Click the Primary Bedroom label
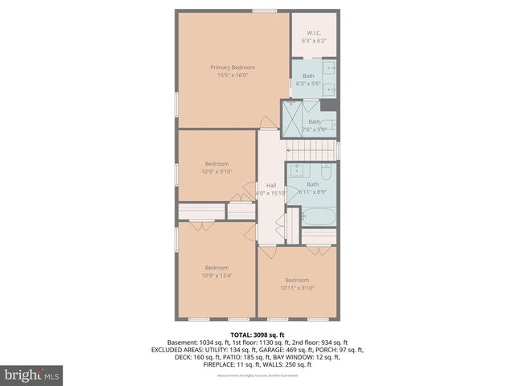point(233,67)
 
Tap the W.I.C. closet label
point(314,33)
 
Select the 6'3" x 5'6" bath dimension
point(308,84)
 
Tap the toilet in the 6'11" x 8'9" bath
point(327,172)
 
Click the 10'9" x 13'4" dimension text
point(216,276)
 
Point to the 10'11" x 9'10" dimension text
point(296,288)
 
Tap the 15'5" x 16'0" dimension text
point(233,76)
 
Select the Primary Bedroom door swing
point(266,122)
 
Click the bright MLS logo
point(32,375)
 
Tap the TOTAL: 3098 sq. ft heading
point(257,335)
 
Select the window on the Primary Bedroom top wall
point(265,10)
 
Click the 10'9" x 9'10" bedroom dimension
point(216,170)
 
